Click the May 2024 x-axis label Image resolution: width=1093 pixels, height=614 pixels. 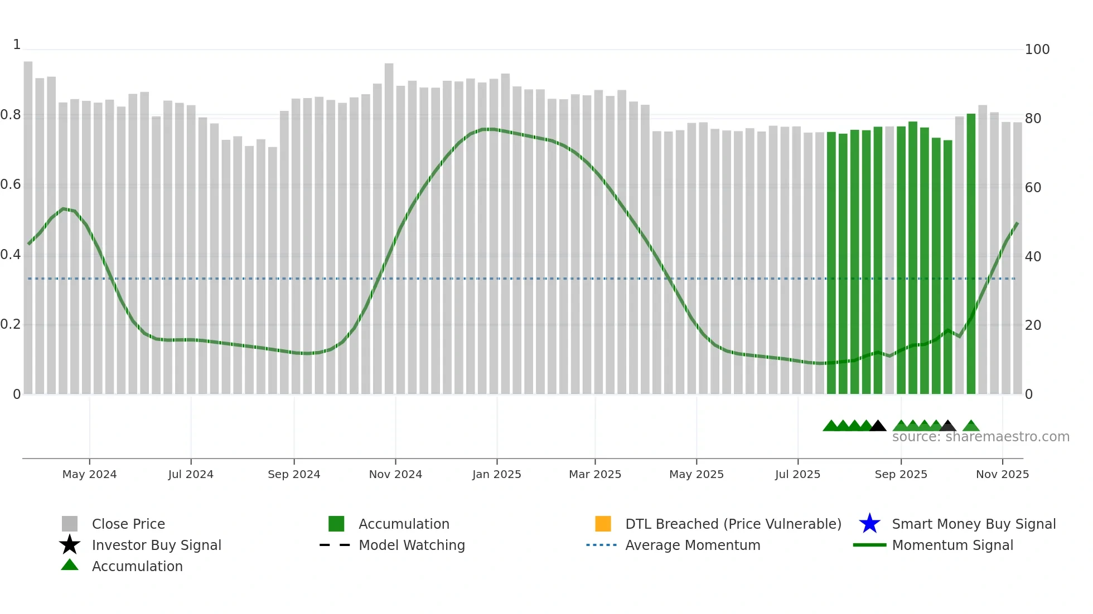pyautogui.click(x=89, y=474)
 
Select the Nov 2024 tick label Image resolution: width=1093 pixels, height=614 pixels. pyautogui.click(x=395, y=474)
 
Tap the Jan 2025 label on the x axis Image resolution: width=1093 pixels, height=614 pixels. pyautogui.click(x=496, y=474)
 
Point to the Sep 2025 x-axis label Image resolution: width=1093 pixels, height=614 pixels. pyautogui.click(x=901, y=474)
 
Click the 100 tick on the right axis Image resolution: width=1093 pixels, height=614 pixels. pyautogui.click(x=1037, y=50)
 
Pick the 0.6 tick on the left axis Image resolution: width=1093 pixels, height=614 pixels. pyautogui.click(x=11, y=184)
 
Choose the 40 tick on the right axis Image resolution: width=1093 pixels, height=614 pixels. pyautogui.click(x=1033, y=257)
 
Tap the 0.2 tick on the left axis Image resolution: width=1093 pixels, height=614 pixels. pyautogui.click(x=11, y=324)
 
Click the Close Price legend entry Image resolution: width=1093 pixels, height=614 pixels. pyautogui.click(x=128, y=524)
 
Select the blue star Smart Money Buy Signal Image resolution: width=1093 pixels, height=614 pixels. pyautogui.click(x=869, y=524)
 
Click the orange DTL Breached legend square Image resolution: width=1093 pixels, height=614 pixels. pyautogui.click(x=603, y=524)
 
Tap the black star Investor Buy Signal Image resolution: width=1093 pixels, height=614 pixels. pyautogui.click(x=70, y=545)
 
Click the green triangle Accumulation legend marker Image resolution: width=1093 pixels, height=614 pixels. pyautogui.click(x=70, y=565)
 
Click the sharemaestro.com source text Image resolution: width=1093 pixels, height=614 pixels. pyautogui.click(x=980, y=437)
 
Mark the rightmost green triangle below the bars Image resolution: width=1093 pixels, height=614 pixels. pyautogui.click(x=971, y=426)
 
